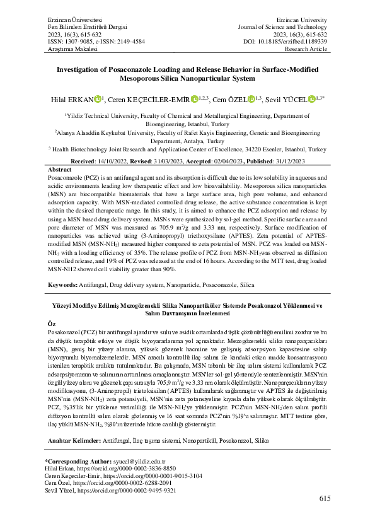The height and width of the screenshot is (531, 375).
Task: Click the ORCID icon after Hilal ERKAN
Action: point(98,99)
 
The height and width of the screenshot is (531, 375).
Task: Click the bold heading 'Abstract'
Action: point(60,170)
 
